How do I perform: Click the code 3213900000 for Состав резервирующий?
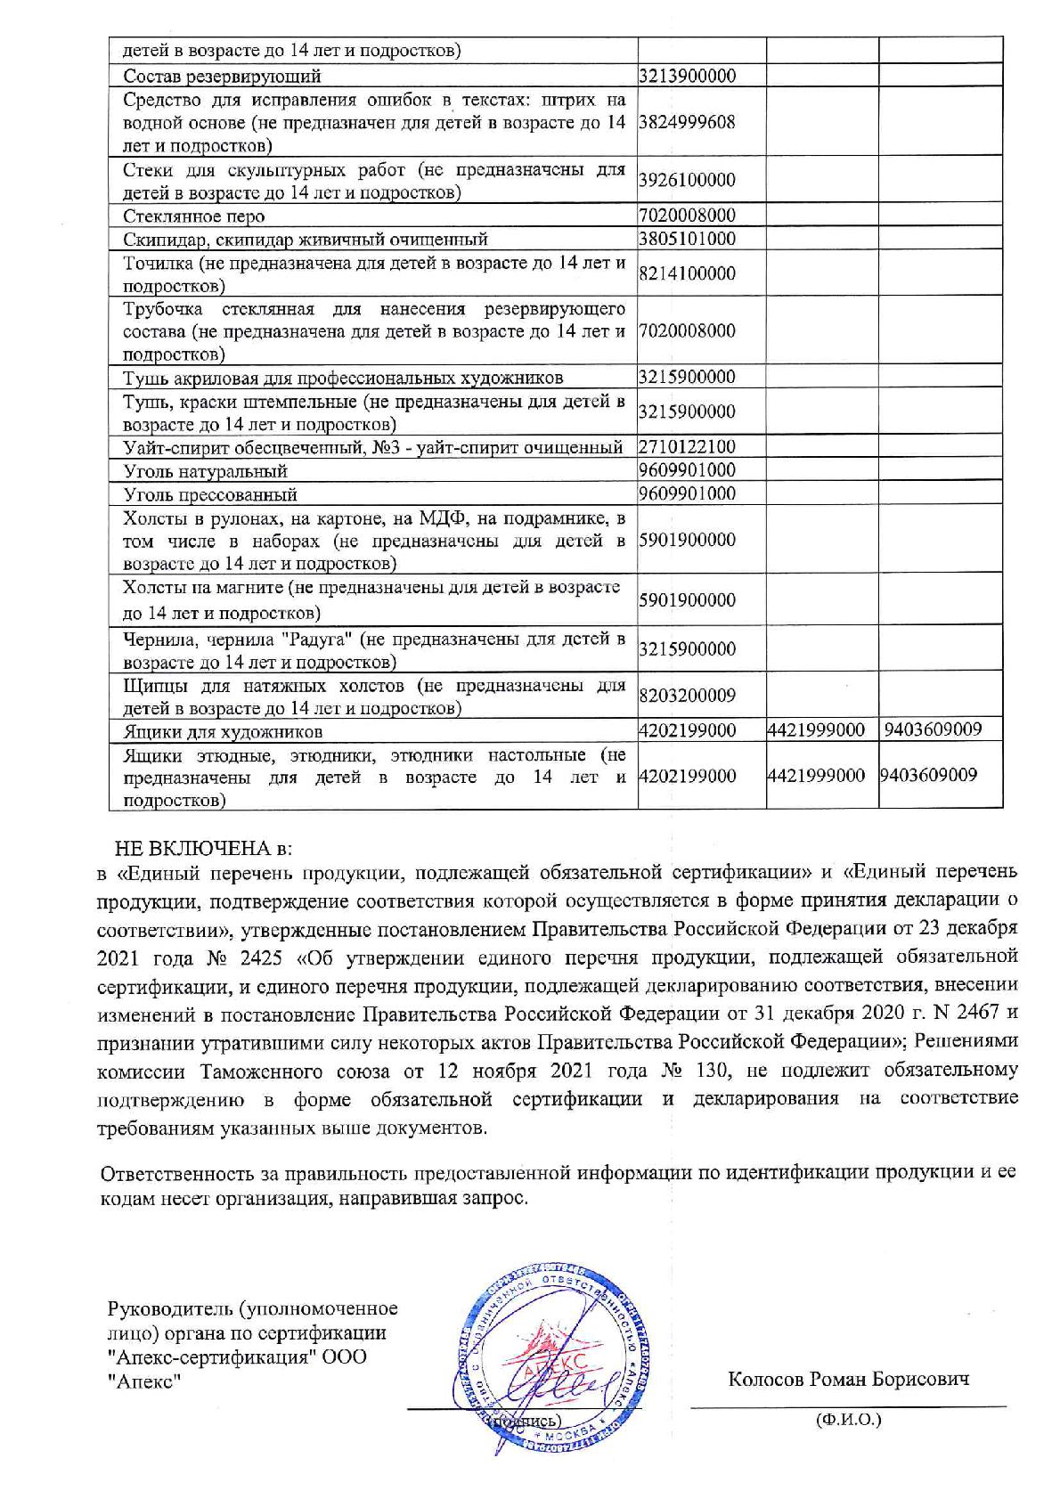tap(688, 76)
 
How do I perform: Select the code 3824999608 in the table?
tap(688, 122)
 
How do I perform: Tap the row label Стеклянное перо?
tap(193, 216)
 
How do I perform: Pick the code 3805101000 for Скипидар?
tap(688, 239)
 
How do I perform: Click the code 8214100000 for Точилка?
tap(688, 273)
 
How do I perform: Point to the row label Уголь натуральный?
tap(205, 471)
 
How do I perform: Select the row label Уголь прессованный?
tap(209, 494)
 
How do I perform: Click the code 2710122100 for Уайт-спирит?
tap(688, 446)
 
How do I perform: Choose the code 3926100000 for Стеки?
tap(688, 180)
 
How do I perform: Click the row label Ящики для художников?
tap(222, 732)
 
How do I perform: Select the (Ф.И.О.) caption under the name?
tap(848, 1419)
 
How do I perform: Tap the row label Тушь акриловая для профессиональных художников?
tap(343, 378)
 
